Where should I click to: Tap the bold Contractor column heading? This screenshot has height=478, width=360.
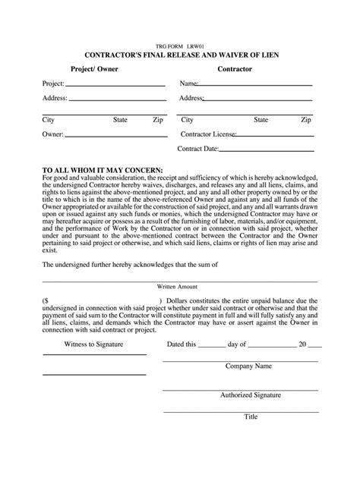[235, 69]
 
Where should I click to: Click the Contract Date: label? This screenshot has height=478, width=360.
[198, 149]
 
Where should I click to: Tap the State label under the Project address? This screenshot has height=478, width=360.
[120, 120]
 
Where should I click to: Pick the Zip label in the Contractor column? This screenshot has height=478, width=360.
[305, 120]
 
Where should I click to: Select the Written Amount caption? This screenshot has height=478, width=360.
[179, 288]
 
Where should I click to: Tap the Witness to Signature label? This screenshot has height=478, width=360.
[94, 344]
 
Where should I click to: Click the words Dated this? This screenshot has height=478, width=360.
[182, 344]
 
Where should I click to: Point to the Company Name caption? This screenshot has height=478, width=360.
[248, 366]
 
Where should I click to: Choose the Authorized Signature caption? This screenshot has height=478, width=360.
[250, 395]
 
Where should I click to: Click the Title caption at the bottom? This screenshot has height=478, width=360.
[250, 417]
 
